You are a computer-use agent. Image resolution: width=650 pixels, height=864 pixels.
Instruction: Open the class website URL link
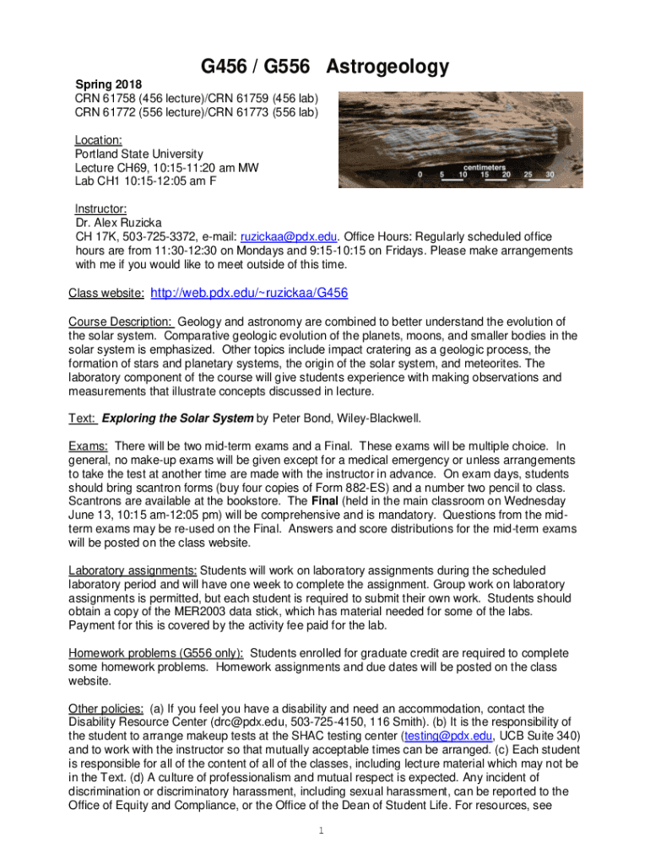[x=249, y=293]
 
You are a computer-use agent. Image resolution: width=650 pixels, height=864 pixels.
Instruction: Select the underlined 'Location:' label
[x=99, y=140]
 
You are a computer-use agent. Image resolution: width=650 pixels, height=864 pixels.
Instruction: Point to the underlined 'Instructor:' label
[x=101, y=210]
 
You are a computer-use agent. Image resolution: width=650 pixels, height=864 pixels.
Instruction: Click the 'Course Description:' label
[x=121, y=321]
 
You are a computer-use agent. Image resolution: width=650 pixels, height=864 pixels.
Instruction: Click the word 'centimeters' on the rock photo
[x=485, y=166]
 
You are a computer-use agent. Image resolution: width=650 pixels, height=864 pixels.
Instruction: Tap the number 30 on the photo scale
[x=550, y=175]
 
